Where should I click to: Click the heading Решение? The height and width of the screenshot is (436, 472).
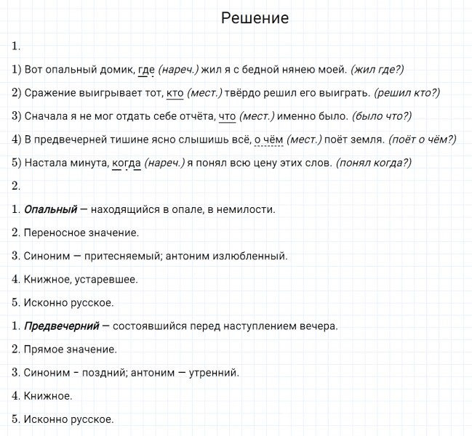tap(255, 18)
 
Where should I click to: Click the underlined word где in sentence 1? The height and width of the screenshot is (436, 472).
tap(146, 70)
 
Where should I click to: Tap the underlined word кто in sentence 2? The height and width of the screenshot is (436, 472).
tap(175, 93)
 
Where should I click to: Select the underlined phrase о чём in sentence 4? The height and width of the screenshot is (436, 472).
tap(269, 140)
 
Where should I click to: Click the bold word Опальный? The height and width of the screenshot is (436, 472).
tap(51, 209)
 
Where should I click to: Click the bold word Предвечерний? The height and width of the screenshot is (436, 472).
tap(62, 326)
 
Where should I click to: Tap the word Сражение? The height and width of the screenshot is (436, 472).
tap(51, 93)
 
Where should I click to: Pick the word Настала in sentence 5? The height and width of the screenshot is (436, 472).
tap(47, 163)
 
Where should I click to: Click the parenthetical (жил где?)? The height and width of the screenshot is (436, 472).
tap(377, 70)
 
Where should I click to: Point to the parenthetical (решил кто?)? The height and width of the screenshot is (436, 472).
tap(407, 93)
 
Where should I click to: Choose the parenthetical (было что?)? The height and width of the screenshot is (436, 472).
tap(382, 116)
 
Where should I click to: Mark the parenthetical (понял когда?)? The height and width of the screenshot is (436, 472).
tap(373, 163)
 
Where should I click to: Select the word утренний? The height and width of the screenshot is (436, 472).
tap(213, 373)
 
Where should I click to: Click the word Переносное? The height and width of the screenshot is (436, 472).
tap(55, 233)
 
